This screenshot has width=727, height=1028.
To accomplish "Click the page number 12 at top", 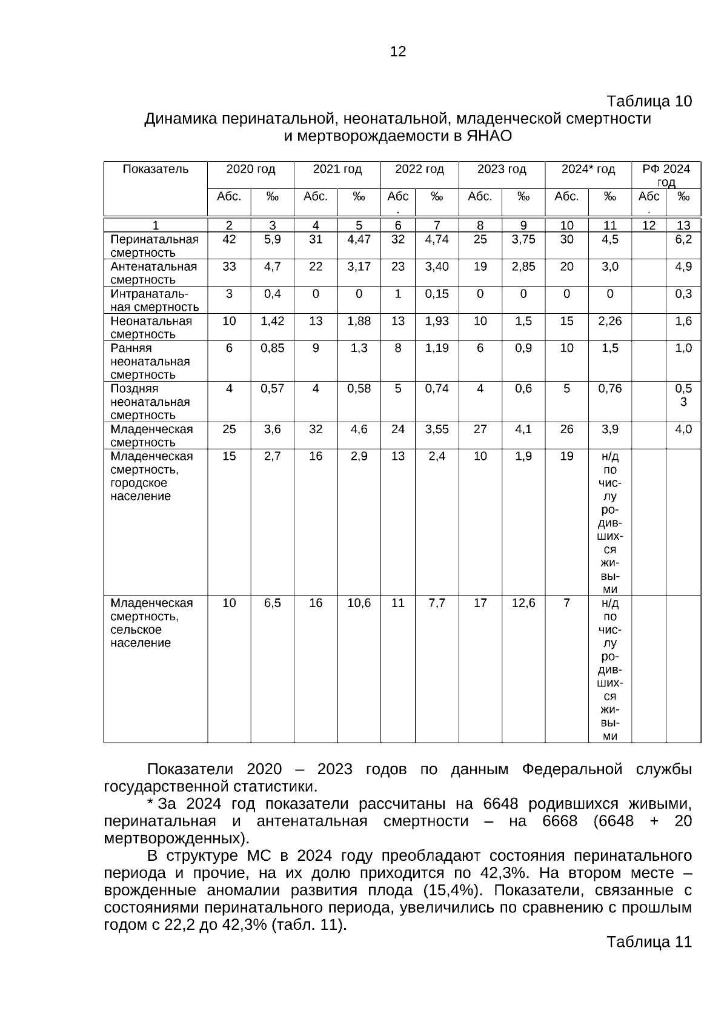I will pyautogui.click(x=398, y=52).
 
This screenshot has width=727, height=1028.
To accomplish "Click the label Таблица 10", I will pyautogui.click(x=649, y=101).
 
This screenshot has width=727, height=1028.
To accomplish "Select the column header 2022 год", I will pyautogui.click(x=419, y=169).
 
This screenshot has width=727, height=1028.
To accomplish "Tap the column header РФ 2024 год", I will pyautogui.click(x=666, y=175).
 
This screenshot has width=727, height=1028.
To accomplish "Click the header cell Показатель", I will pyautogui.click(x=156, y=169).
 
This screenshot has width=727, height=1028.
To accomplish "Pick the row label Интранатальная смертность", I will pyautogui.click(x=154, y=300).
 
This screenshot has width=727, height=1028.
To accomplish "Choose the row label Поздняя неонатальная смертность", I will pyautogui.click(x=150, y=402).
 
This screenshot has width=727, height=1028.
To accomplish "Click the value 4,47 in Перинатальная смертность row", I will pyautogui.click(x=359, y=239).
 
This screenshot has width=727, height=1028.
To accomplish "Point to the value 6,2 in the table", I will pyautogui.click(x=683, y=239).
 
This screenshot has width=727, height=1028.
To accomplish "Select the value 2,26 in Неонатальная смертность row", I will pyautogui.click(x=609, y=321).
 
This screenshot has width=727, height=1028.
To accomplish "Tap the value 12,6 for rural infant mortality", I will pyautogui.click(x=523, y=603).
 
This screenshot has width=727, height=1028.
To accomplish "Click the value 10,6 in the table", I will pyautogui.click(x=359, y=603).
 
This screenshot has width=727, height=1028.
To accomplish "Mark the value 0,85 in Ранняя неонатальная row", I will pyautogui.click(x=272, y=348).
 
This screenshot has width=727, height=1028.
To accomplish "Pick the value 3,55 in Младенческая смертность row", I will pyautogui.click(x=437, y=429).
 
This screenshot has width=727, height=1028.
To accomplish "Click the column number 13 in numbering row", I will pyautogui.click(x=683, y=225).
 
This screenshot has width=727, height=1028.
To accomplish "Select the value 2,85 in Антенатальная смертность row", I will pyautogui.click(x=523, y=267).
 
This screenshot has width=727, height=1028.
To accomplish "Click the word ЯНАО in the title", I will pyautogui.click(x=490, y=136).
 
